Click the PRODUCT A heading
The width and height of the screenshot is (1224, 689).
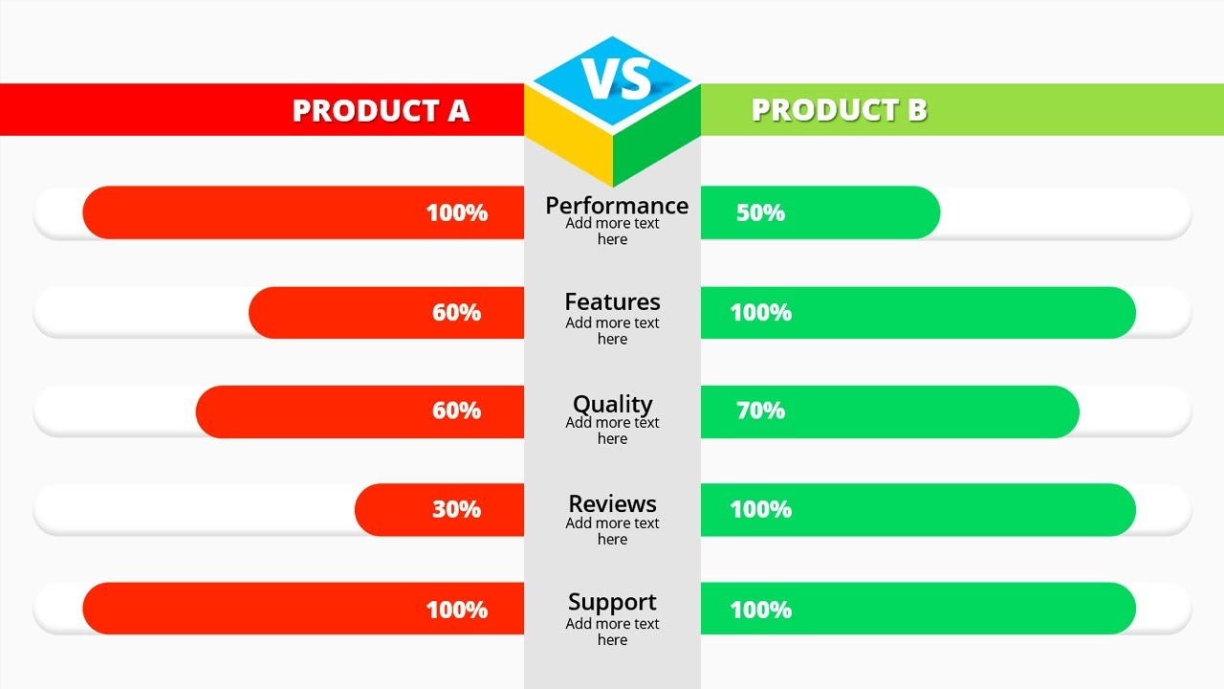tap(381, 110)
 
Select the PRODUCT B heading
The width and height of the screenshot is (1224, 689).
tap(839, 110)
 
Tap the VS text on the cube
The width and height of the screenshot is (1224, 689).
tap(616, 79)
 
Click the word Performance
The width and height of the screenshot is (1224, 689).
tap(616, 206)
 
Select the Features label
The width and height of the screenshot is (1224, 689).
tap(612, 302)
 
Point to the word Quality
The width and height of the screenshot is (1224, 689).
tap(612, 404)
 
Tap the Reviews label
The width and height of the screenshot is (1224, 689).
tap(612, 504)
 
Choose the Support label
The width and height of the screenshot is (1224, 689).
tap(612, 603)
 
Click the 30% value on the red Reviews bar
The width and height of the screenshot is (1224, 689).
tap(456, 509)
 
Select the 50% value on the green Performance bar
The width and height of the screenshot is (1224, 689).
tap(760, 212)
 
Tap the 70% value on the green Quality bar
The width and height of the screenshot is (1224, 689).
tap(760, 411)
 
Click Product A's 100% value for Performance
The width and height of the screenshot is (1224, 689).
tap(456, 212)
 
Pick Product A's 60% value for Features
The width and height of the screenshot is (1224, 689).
tap(456, 312)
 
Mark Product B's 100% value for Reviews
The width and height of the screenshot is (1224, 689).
tap(760, 509)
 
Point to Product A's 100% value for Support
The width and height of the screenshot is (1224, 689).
tap(456, 610)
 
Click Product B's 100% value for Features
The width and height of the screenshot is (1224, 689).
tap(760, 312)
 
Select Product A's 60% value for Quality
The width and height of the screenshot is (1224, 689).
tap(456, 411)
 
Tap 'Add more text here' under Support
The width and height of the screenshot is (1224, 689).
tap(612, 632)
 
